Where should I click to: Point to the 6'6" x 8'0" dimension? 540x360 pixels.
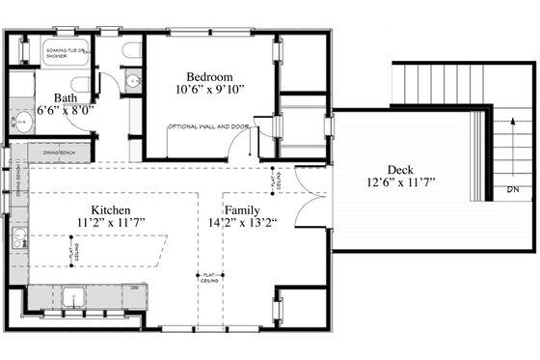click(x=64, y=111)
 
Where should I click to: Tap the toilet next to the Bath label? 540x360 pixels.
click(x=132, y=81)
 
